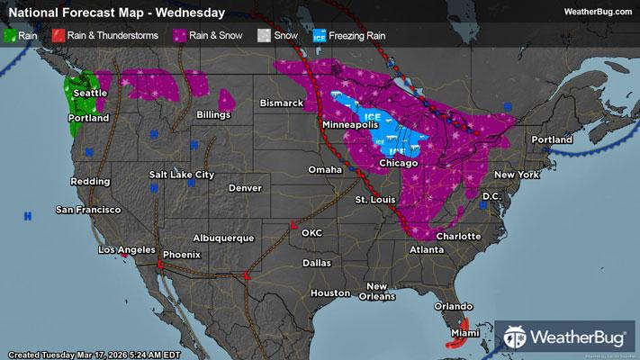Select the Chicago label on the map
point(399,163)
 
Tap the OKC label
point(311,232)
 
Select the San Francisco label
point(88,210)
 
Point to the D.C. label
point(491,195)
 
